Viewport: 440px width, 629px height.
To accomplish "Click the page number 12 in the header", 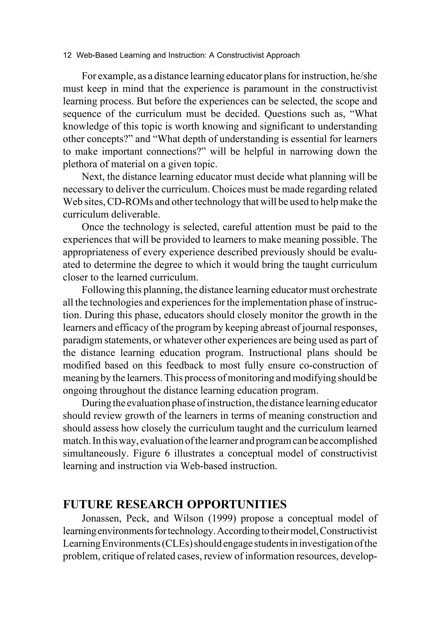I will tap(67, 55).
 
